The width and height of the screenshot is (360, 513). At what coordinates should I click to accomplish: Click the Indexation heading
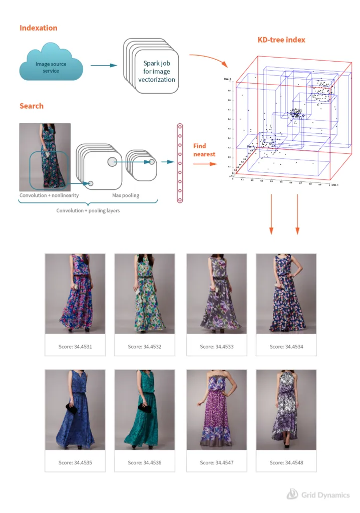(38, 28)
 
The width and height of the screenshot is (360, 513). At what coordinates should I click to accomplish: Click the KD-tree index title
(281, 40)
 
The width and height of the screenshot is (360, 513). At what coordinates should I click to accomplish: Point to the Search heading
(32, 106)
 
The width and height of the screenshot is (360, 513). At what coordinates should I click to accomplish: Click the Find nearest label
(204, 150)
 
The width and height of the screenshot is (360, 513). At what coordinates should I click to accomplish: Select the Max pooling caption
(125, 195)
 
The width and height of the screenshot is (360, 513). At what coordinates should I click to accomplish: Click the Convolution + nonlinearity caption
(49, 195)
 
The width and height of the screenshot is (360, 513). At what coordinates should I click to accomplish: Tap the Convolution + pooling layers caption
(88, 211)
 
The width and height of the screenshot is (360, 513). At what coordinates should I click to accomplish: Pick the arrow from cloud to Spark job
(103, 66)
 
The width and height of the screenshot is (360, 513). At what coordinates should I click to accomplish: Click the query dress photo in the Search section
(45, 157)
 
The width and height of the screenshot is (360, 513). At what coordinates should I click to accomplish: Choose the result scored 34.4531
(75, 294)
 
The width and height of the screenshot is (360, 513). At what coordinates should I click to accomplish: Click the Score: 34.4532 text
(144, 347)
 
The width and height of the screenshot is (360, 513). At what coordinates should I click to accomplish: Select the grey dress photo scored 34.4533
(216, 294)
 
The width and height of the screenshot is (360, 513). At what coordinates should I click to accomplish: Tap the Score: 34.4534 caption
(286, 347)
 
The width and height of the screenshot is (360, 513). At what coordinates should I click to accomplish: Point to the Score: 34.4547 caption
(216, 462)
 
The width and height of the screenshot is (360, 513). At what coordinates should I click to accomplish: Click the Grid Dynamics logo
(318, 495)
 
